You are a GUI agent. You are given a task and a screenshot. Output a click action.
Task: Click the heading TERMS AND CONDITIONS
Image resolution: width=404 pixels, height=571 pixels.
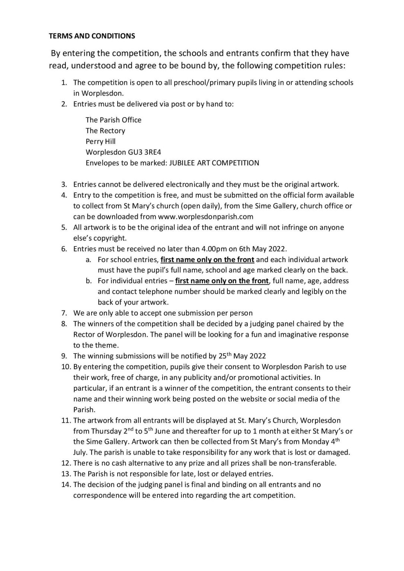point(92,36)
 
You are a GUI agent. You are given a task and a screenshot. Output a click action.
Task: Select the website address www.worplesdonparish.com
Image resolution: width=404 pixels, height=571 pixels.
point(205,216)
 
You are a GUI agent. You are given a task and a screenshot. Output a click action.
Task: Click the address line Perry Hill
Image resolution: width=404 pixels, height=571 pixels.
point(100,141)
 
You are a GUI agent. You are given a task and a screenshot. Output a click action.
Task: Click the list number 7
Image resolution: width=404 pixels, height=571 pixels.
point(64,313)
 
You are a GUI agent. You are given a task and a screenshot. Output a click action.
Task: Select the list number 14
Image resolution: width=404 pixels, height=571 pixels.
point(66,484)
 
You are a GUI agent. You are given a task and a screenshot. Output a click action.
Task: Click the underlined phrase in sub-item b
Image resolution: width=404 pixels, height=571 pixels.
point(222,281)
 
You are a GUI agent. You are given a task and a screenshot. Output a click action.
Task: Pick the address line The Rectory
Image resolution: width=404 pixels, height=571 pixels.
point(105,130)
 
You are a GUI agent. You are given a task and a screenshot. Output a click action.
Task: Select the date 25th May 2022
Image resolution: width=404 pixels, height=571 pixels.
point(241,356)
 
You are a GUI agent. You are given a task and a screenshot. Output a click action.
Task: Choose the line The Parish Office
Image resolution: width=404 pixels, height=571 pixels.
point(113,120)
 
